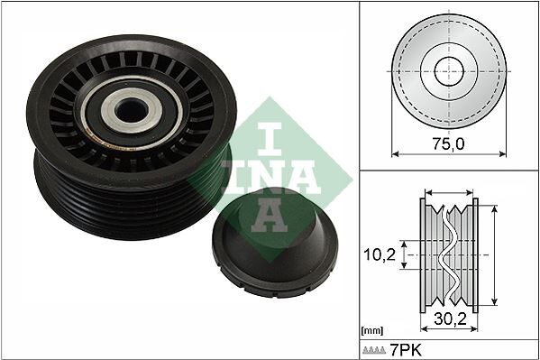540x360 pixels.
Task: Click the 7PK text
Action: pyautogui.click(x=407, y=348)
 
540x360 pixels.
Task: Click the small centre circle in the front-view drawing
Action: pyautogui.click(x=448, y=71)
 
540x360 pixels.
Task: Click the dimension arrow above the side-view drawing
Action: pyautogui.click(x=448, y=192)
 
